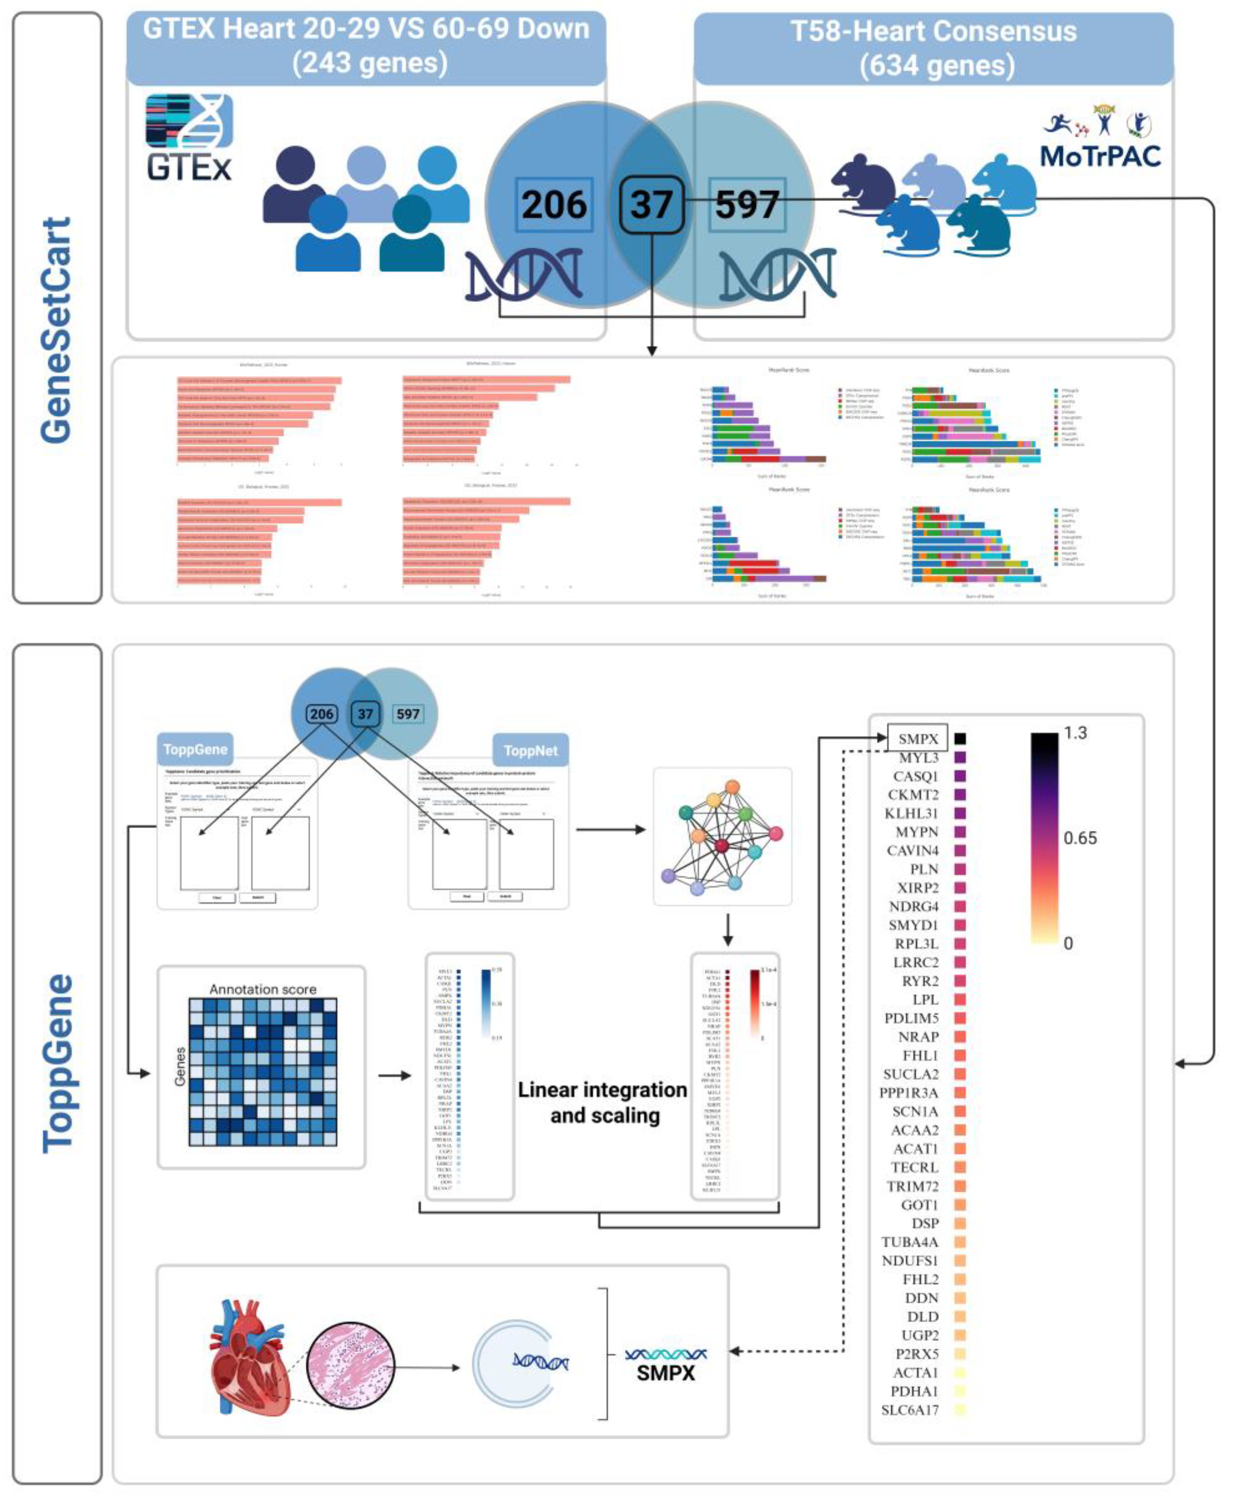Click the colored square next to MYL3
[960, 758]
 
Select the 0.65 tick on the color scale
[1080, 838]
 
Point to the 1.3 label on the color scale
[1075, 733]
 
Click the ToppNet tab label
[531, 751]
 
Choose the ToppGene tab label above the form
[195, 749]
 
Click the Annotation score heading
[263, 989]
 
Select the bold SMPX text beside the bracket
[666, 1373]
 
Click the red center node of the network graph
[722, 845]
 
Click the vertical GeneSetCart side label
[57, 330]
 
